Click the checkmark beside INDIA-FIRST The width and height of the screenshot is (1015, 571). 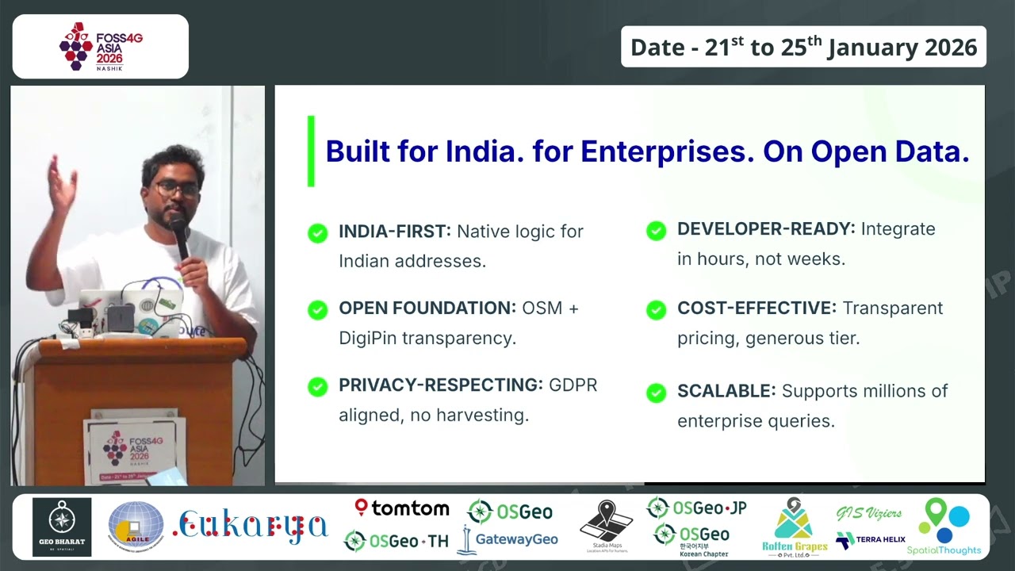pos(317,232)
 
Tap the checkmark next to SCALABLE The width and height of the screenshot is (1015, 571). pos(656,392)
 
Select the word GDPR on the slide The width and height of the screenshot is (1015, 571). pos(573,385)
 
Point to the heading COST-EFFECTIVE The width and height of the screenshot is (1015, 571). pos(756,308)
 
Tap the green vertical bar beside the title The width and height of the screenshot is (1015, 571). pos(311,151)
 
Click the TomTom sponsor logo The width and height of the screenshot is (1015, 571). pos(402,508)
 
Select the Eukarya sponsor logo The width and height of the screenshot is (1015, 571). pos(251,527)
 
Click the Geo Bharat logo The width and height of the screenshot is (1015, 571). pos(62,527)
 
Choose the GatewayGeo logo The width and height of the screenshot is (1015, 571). pos(508,539)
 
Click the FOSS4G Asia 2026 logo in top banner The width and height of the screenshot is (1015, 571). pos(101,46)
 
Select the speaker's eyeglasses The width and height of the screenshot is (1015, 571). pos(175,189)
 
